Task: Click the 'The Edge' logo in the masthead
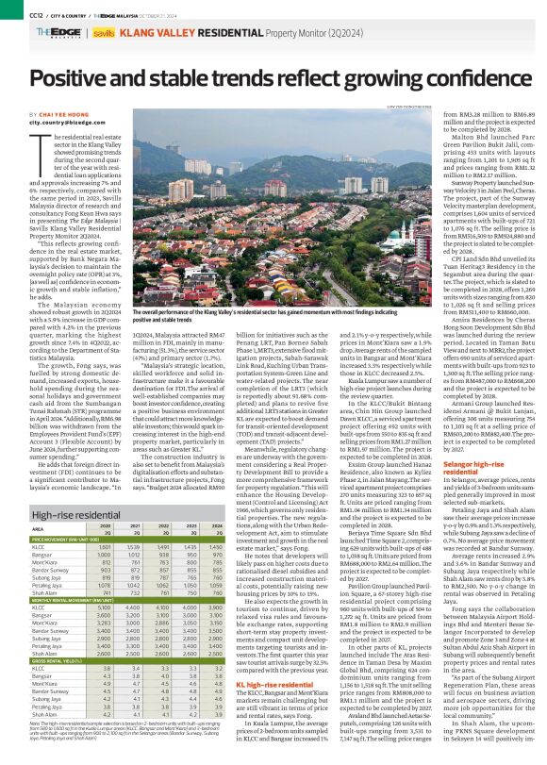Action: tap(41, 32)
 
